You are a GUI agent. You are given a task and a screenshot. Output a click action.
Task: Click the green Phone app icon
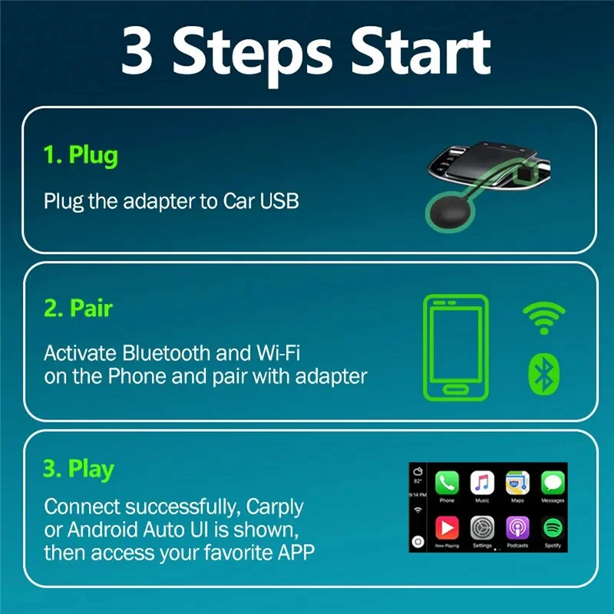point(447,483)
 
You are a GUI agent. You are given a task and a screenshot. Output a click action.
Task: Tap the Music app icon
point(482,483)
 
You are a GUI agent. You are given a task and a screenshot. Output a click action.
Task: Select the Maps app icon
point(517,483)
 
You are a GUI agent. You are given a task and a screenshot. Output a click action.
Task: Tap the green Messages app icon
point(553,483)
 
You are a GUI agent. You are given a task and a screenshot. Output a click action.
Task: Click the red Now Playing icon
point(447,528)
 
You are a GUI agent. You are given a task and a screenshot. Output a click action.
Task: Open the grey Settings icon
point(482,528)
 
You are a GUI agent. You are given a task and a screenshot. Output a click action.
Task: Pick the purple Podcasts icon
point(517,528)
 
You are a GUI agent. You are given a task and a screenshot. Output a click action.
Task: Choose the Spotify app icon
point(553,528)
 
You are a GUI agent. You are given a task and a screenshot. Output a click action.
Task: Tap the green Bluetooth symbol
point(544,374)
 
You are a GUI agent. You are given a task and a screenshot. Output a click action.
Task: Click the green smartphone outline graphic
point(456,347)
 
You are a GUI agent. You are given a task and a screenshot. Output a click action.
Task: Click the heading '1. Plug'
point(81,155)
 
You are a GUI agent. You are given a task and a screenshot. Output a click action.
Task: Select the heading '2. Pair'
point(78,309)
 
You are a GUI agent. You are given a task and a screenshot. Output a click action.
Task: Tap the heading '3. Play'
point(79,469)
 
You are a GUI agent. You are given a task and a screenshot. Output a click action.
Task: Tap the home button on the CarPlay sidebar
point(418,542)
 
